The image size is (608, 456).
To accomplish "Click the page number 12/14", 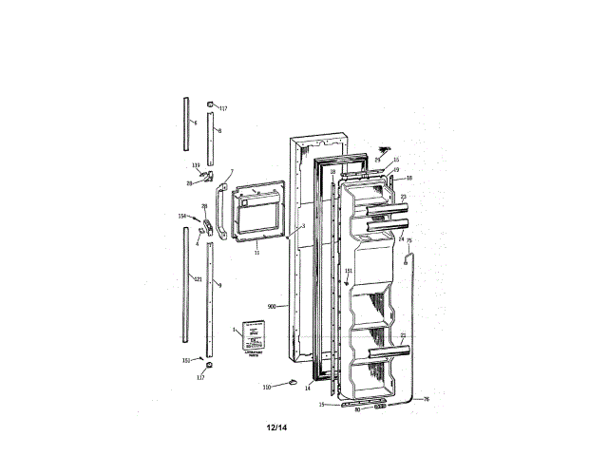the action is tap(276, 427).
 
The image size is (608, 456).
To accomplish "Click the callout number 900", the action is tap(272, 307).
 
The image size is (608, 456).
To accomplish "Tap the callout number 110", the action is tap(267, 387).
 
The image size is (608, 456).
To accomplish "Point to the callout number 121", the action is tap(197, 278).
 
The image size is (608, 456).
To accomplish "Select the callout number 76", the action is tap(426, 399).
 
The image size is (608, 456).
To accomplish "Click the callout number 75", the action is tap(409, 241).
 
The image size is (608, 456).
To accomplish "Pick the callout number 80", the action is tap(357, 410).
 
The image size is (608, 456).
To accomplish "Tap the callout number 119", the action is tap(195, 166).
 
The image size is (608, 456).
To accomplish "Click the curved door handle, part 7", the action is tap(219, 211).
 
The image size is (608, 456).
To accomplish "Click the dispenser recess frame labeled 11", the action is tap(260, 216).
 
